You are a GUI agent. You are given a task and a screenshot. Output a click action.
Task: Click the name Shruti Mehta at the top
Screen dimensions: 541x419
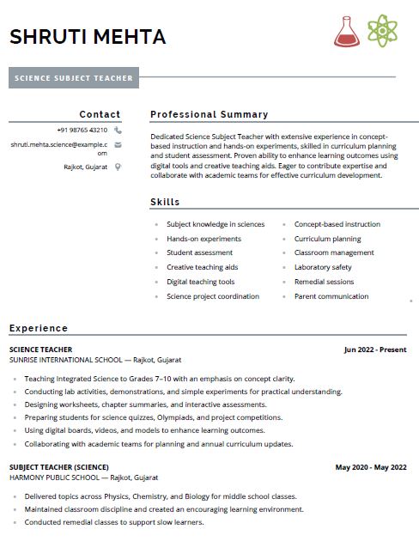click(88, 37)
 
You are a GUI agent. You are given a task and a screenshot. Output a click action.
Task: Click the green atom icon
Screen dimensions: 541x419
click(382, 31)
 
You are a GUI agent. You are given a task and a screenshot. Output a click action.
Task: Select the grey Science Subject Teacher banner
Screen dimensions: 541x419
click(74, 79)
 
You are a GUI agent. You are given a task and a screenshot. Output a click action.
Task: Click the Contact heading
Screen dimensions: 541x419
click(100, 114)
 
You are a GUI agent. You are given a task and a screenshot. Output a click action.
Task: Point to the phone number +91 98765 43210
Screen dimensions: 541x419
click(82, 130)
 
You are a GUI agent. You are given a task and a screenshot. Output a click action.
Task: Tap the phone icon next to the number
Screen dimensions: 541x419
click(118, 130)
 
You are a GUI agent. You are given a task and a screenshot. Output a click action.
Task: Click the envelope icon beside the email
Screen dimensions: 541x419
click(118, 145)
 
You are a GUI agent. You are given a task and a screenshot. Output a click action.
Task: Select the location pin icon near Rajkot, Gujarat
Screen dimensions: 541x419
click(118, 167)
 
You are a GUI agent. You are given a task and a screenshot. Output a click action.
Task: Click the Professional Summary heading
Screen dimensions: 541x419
click(209, 114)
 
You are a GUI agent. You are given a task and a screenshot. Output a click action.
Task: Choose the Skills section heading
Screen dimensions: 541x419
click(165, 202)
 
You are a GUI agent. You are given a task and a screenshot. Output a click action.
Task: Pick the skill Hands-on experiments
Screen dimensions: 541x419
click(203, 239)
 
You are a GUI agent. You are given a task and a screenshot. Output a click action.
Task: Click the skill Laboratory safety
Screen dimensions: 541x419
click(323, 267)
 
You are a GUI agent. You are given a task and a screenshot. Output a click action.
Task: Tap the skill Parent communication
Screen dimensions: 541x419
click(331, 296)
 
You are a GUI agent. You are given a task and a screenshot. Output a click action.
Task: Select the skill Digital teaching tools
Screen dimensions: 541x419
click(200, 282)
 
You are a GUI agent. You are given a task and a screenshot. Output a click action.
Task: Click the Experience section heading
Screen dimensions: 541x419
click(38, 328)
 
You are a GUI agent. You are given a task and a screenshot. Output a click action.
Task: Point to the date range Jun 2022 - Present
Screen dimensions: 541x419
click(375, 350)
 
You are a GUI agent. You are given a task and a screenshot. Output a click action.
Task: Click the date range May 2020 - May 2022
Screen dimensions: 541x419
click(371, 467)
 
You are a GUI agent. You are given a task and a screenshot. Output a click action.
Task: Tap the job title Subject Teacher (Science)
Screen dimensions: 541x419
click(58, 467)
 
